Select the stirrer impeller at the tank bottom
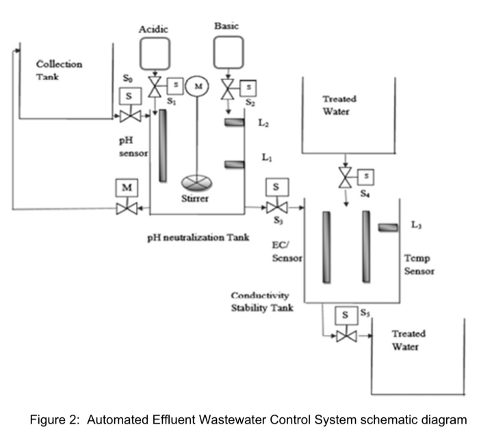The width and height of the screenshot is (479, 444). [196, 182]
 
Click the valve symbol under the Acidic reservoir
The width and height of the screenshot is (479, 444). [155, 87]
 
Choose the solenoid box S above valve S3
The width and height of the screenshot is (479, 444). [276, 186]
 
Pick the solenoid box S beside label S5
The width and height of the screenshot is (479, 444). [346, 316]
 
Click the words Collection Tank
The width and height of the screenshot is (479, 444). [59, 70]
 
